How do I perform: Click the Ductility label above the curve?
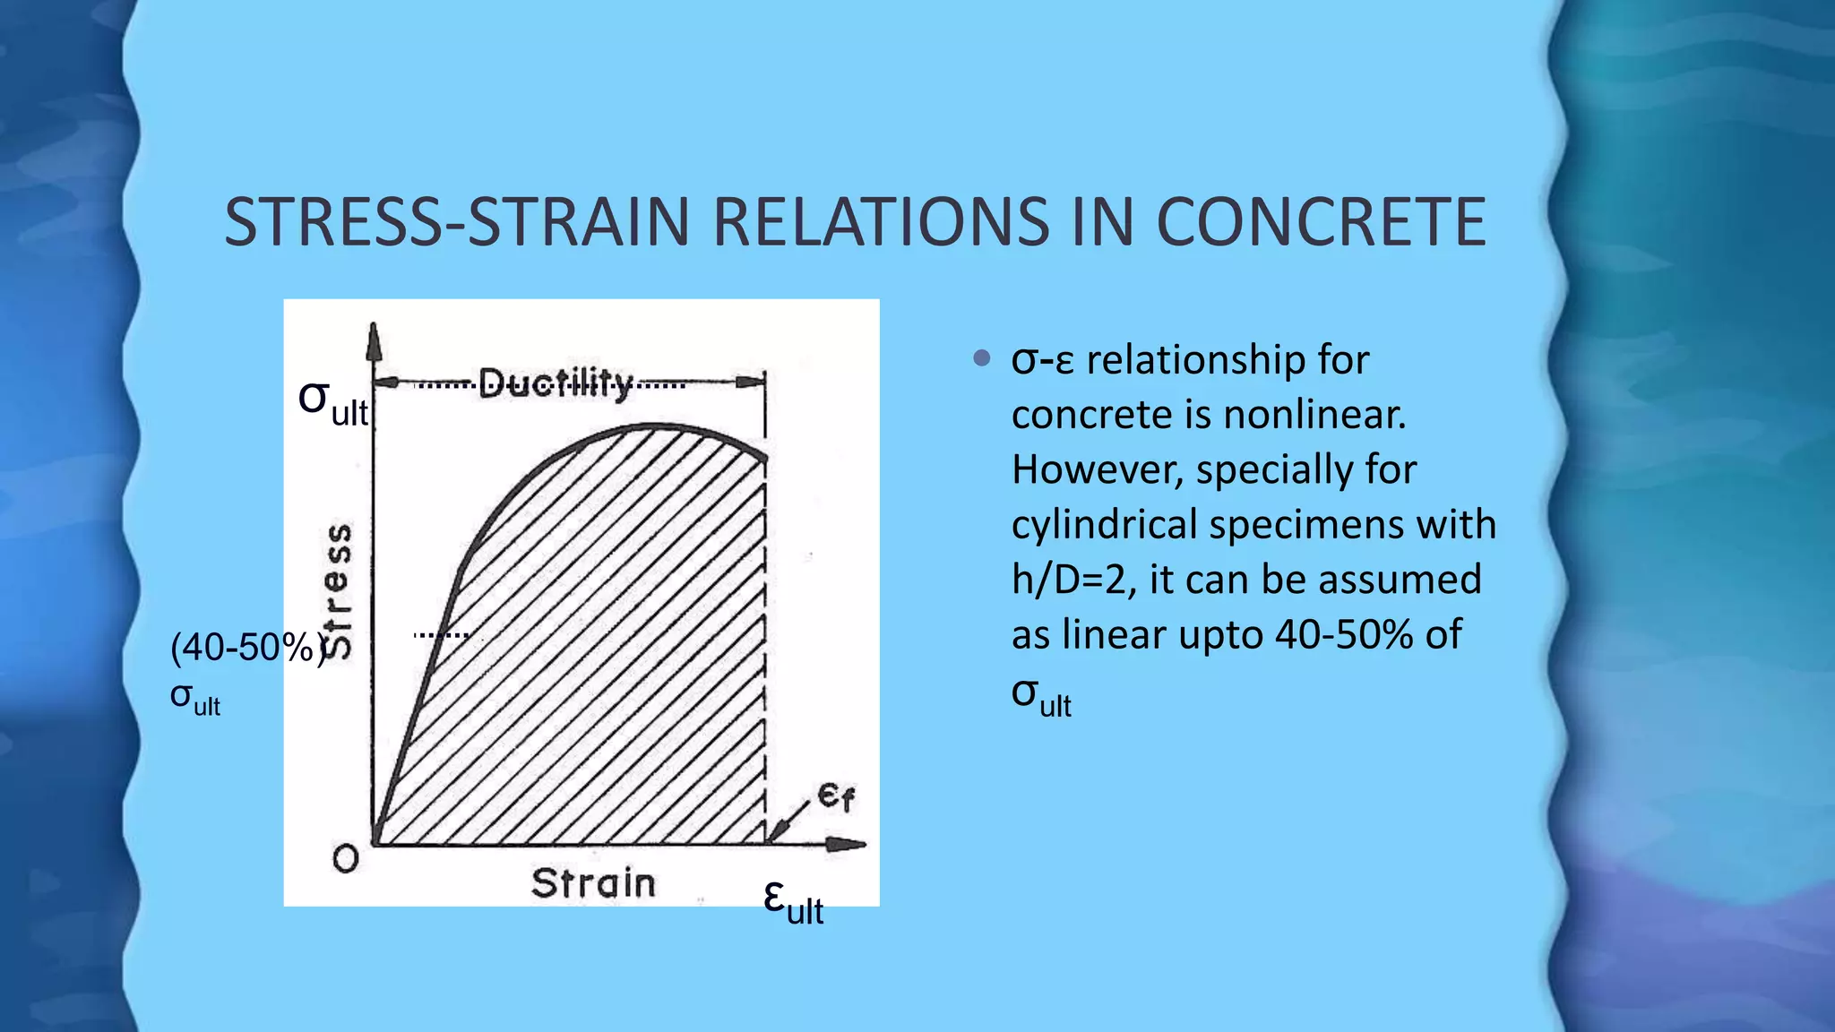click(x=556, y=384)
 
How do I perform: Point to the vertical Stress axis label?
click(x=338, y=591)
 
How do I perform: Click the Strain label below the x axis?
click(x=593, y=883)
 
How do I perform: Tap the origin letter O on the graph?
click(x=345, y=859)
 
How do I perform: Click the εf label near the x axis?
click(x=836, y=795)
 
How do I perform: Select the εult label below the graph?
click(x=792, y=901)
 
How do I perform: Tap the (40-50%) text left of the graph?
click(x=246, y=647)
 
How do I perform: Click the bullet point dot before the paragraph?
click(x=982, y=359)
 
